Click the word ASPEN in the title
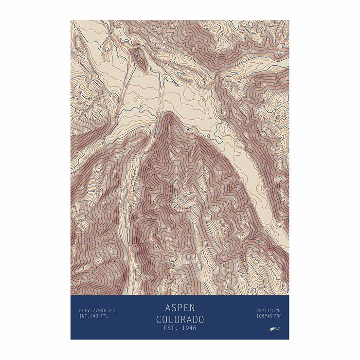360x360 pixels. [180, 307]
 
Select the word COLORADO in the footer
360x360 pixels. [180, 319]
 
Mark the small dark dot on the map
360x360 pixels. [187, 129]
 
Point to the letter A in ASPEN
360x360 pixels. [168, 307]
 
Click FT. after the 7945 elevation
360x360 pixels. [112, 310]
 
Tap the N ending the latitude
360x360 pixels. [280, 310]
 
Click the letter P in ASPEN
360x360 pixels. [180, 307]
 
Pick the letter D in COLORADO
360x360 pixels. [194, 319]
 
